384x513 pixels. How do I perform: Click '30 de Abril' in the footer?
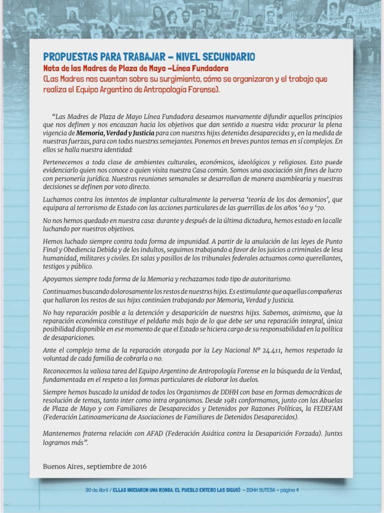[97, 490]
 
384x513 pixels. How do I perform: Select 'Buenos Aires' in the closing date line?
[63, 466]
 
